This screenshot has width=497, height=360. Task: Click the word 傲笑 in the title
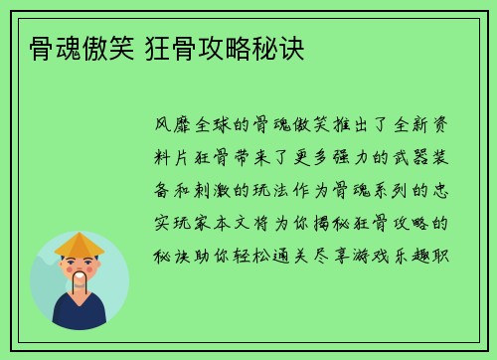[102, 48]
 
